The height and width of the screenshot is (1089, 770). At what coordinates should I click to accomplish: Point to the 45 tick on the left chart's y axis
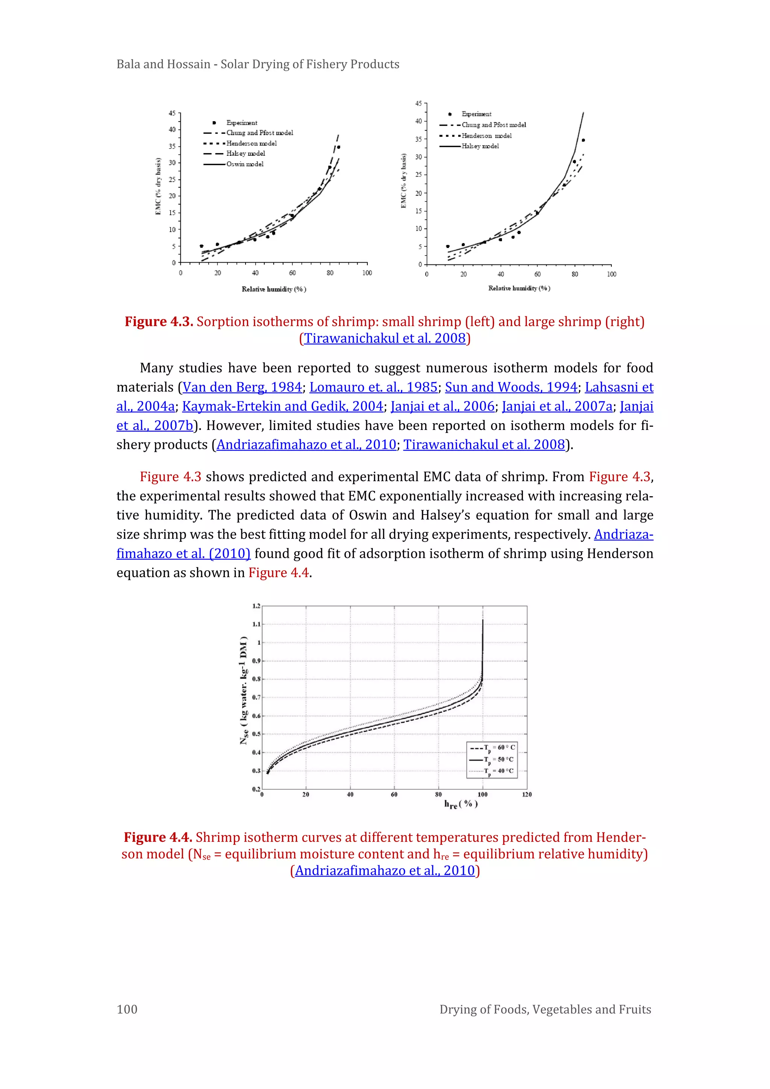tap(172, 113)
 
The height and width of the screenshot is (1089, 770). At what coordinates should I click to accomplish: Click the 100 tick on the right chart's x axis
tap(612, 274)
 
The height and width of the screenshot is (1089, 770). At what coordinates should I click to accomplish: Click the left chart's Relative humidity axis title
tap(274, 289)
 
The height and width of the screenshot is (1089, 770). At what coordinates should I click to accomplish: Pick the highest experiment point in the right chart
tap(583, 140)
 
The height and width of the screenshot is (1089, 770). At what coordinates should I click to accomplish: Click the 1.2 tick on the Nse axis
tap(256, 606)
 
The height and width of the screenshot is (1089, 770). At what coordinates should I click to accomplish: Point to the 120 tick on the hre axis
tap(527, 794)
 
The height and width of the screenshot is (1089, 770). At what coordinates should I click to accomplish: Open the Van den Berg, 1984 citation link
tap(242, 387)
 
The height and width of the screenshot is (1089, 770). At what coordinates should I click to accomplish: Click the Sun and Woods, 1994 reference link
tap(511, 387)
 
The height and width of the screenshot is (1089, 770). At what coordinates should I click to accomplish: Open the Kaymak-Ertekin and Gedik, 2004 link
tap(283, 407)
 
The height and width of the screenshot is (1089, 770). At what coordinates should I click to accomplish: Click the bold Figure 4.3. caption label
tap(159, 322)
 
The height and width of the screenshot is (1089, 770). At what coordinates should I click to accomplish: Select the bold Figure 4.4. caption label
tap(158, 838)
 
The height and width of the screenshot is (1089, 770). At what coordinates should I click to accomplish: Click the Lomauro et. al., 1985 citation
tap(373, 387)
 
